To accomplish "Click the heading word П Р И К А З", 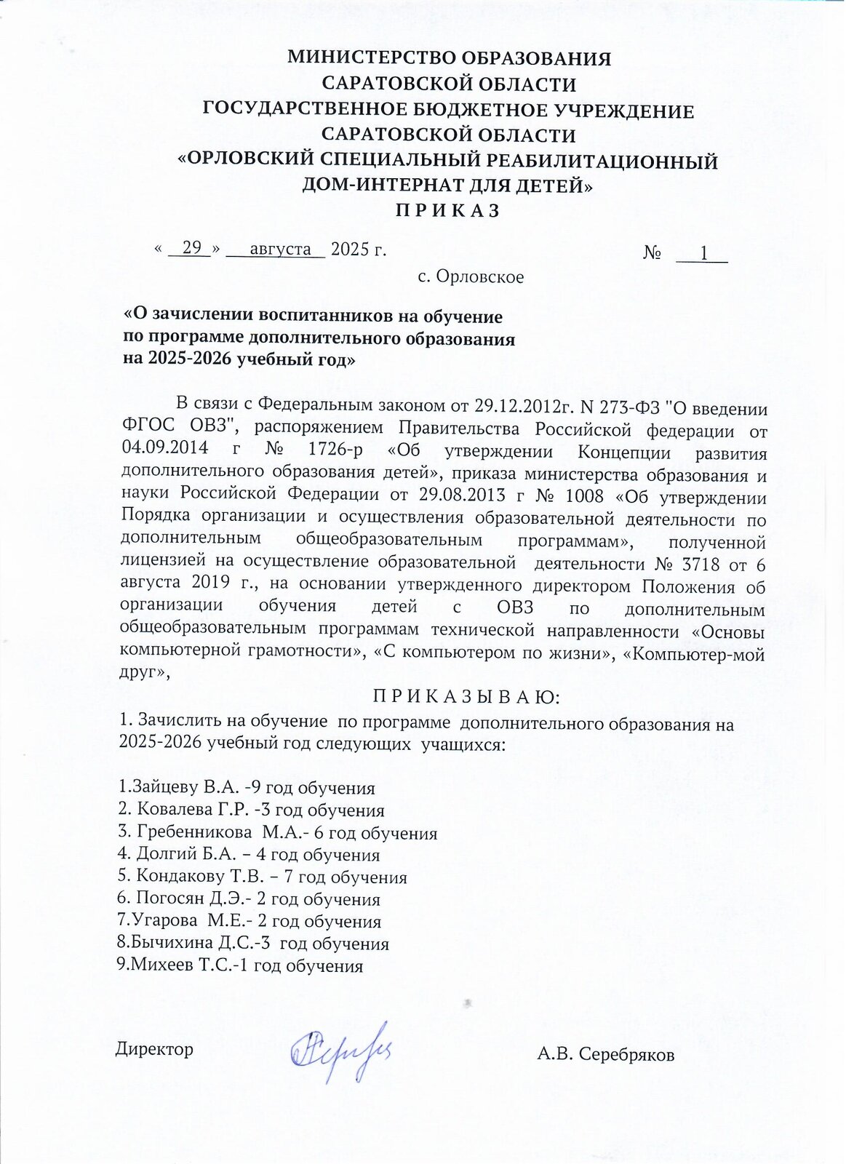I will coord(447,211).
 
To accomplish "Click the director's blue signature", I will coord(340,1050).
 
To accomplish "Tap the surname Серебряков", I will coord(626,1055).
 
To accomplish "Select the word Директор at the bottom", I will coord(154,1049).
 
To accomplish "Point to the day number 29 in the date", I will coord(191,248).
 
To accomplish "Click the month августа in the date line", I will coord(280,249).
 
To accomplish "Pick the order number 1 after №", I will coord(703,252).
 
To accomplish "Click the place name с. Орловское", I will coord(471,277).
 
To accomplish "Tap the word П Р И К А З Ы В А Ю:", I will coord(466,697).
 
